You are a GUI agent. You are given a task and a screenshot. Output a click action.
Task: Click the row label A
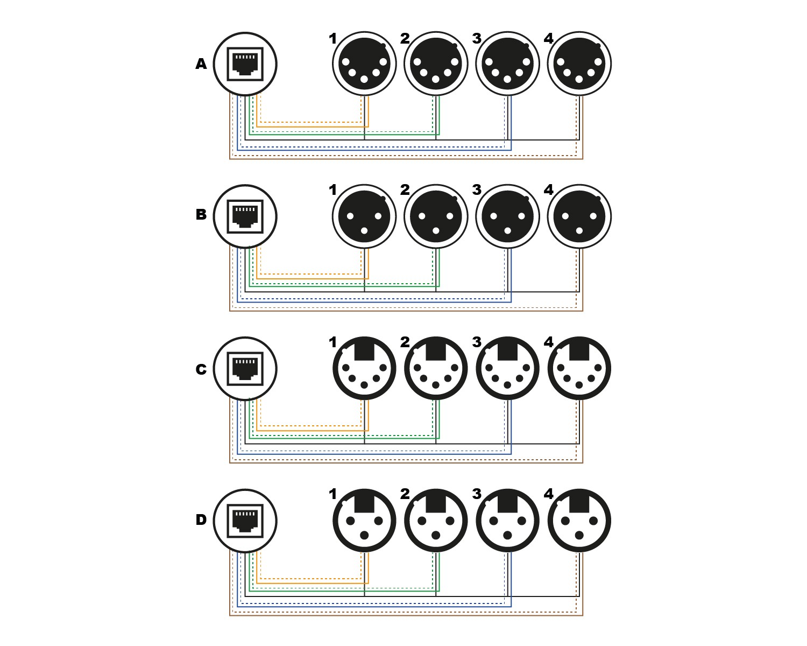pyautogui.click(x=201, y=64)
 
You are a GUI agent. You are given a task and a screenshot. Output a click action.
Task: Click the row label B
pyautogui.click(x=201, y=215)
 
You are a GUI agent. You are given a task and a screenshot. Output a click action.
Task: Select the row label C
pyautogui.click(x=201, y=369)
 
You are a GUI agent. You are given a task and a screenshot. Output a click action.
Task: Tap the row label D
pyautogui.click(x=201, y=520)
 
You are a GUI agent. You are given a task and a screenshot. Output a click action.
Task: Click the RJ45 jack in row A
pyautogui.click(x=245, y=64)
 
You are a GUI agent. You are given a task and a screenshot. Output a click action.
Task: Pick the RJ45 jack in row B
pyautogui.click(x=245, y=216)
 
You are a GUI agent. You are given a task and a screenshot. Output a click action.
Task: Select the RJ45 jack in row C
pyautogui.click(x=245, y=369)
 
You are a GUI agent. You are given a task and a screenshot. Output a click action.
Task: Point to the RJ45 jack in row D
pyautogui.click(x=245, y=521)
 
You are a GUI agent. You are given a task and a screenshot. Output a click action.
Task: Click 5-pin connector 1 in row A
pyautogui.click(x=364, y=64)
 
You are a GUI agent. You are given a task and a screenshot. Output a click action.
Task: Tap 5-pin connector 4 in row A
pyautogui.click(x=579, y=64)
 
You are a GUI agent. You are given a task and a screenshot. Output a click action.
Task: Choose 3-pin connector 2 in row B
pyautogui.click(x=436, y=216)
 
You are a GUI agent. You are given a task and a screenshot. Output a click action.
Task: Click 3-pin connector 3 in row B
pyautogui.click(x=507, y=216)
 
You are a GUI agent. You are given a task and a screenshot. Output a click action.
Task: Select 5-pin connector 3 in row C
pyautogui.click(x=507, y=369)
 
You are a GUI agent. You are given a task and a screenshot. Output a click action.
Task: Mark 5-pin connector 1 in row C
pyautogui.click(x=364, y=369)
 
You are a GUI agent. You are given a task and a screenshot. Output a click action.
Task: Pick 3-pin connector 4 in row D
pyautogui.click(x=579, y=521)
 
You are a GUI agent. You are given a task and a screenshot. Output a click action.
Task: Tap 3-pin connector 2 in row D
pyautogui.click(x=436, y=521)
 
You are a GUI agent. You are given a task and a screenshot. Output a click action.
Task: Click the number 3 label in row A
pyautogui.click(x=476, y=38)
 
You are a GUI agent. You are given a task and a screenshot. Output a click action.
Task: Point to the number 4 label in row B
pyautogui.click(x=548, y=189)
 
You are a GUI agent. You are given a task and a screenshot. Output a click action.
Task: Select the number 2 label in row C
pyautogui.click(x=405, y=342)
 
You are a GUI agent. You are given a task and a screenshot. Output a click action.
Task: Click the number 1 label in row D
pyautogui.click(x=332, y=494)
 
